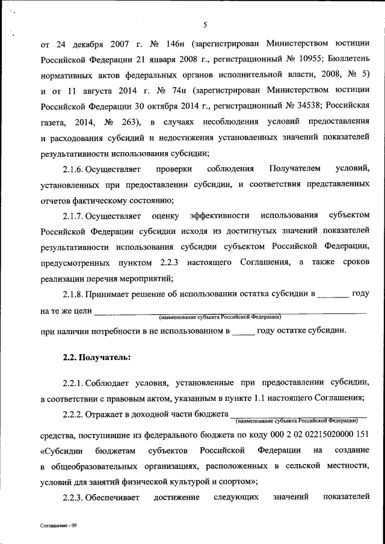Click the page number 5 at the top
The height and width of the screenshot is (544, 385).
click(205, 25)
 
